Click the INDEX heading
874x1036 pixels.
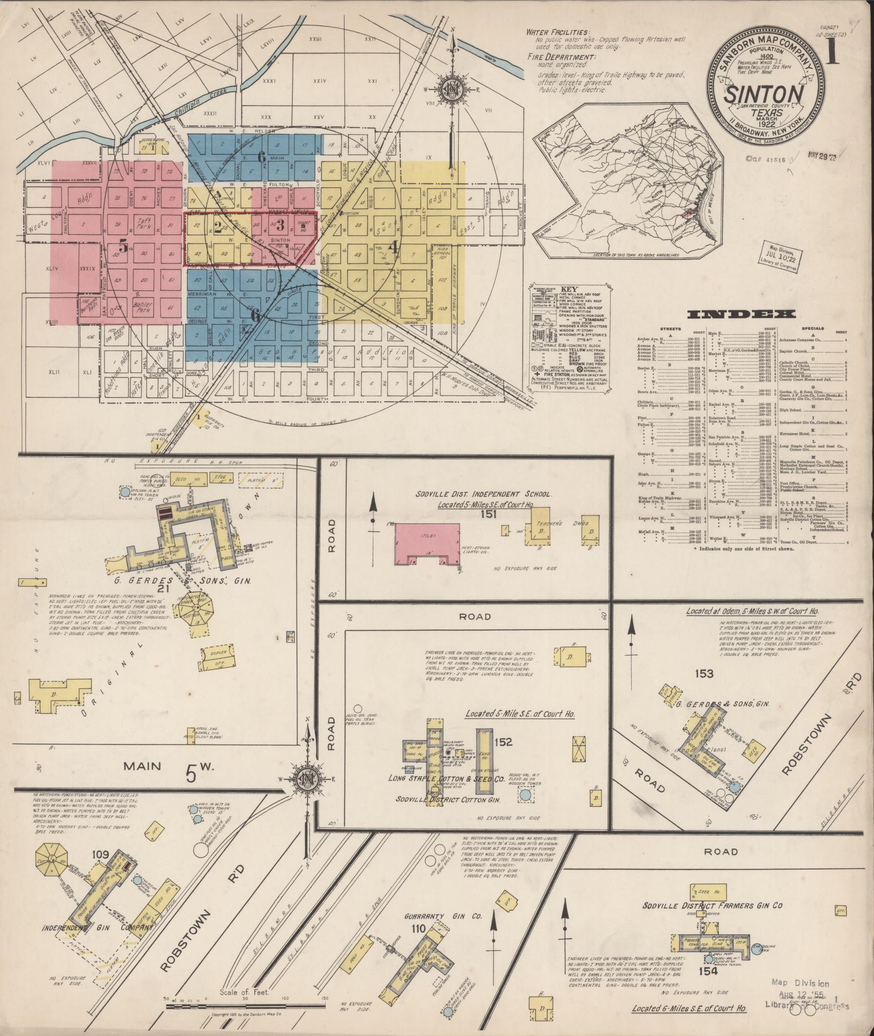741,314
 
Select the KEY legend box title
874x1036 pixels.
569,290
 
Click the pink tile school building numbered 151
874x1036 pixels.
428,543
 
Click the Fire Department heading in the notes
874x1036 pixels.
561,57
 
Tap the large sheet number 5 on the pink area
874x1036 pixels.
124,247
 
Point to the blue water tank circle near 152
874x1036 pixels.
525,796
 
